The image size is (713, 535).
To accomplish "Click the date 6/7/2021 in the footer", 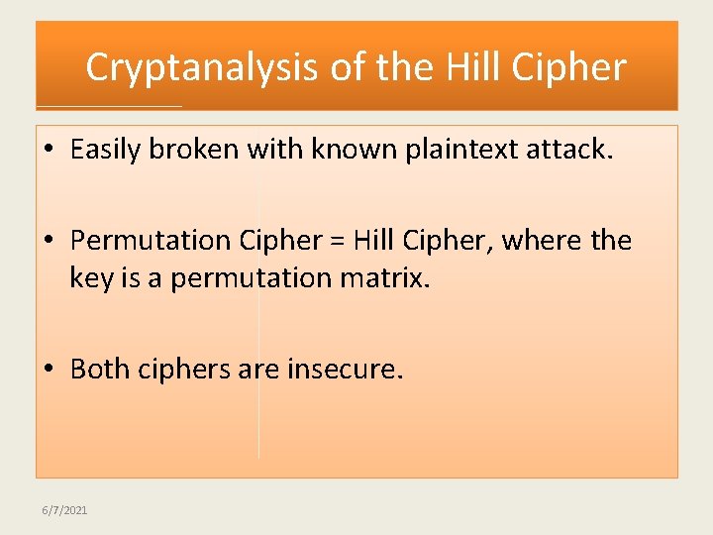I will pos(64,509).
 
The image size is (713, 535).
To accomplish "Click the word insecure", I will pos(345,370).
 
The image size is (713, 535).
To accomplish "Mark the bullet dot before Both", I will pos(49,371).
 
